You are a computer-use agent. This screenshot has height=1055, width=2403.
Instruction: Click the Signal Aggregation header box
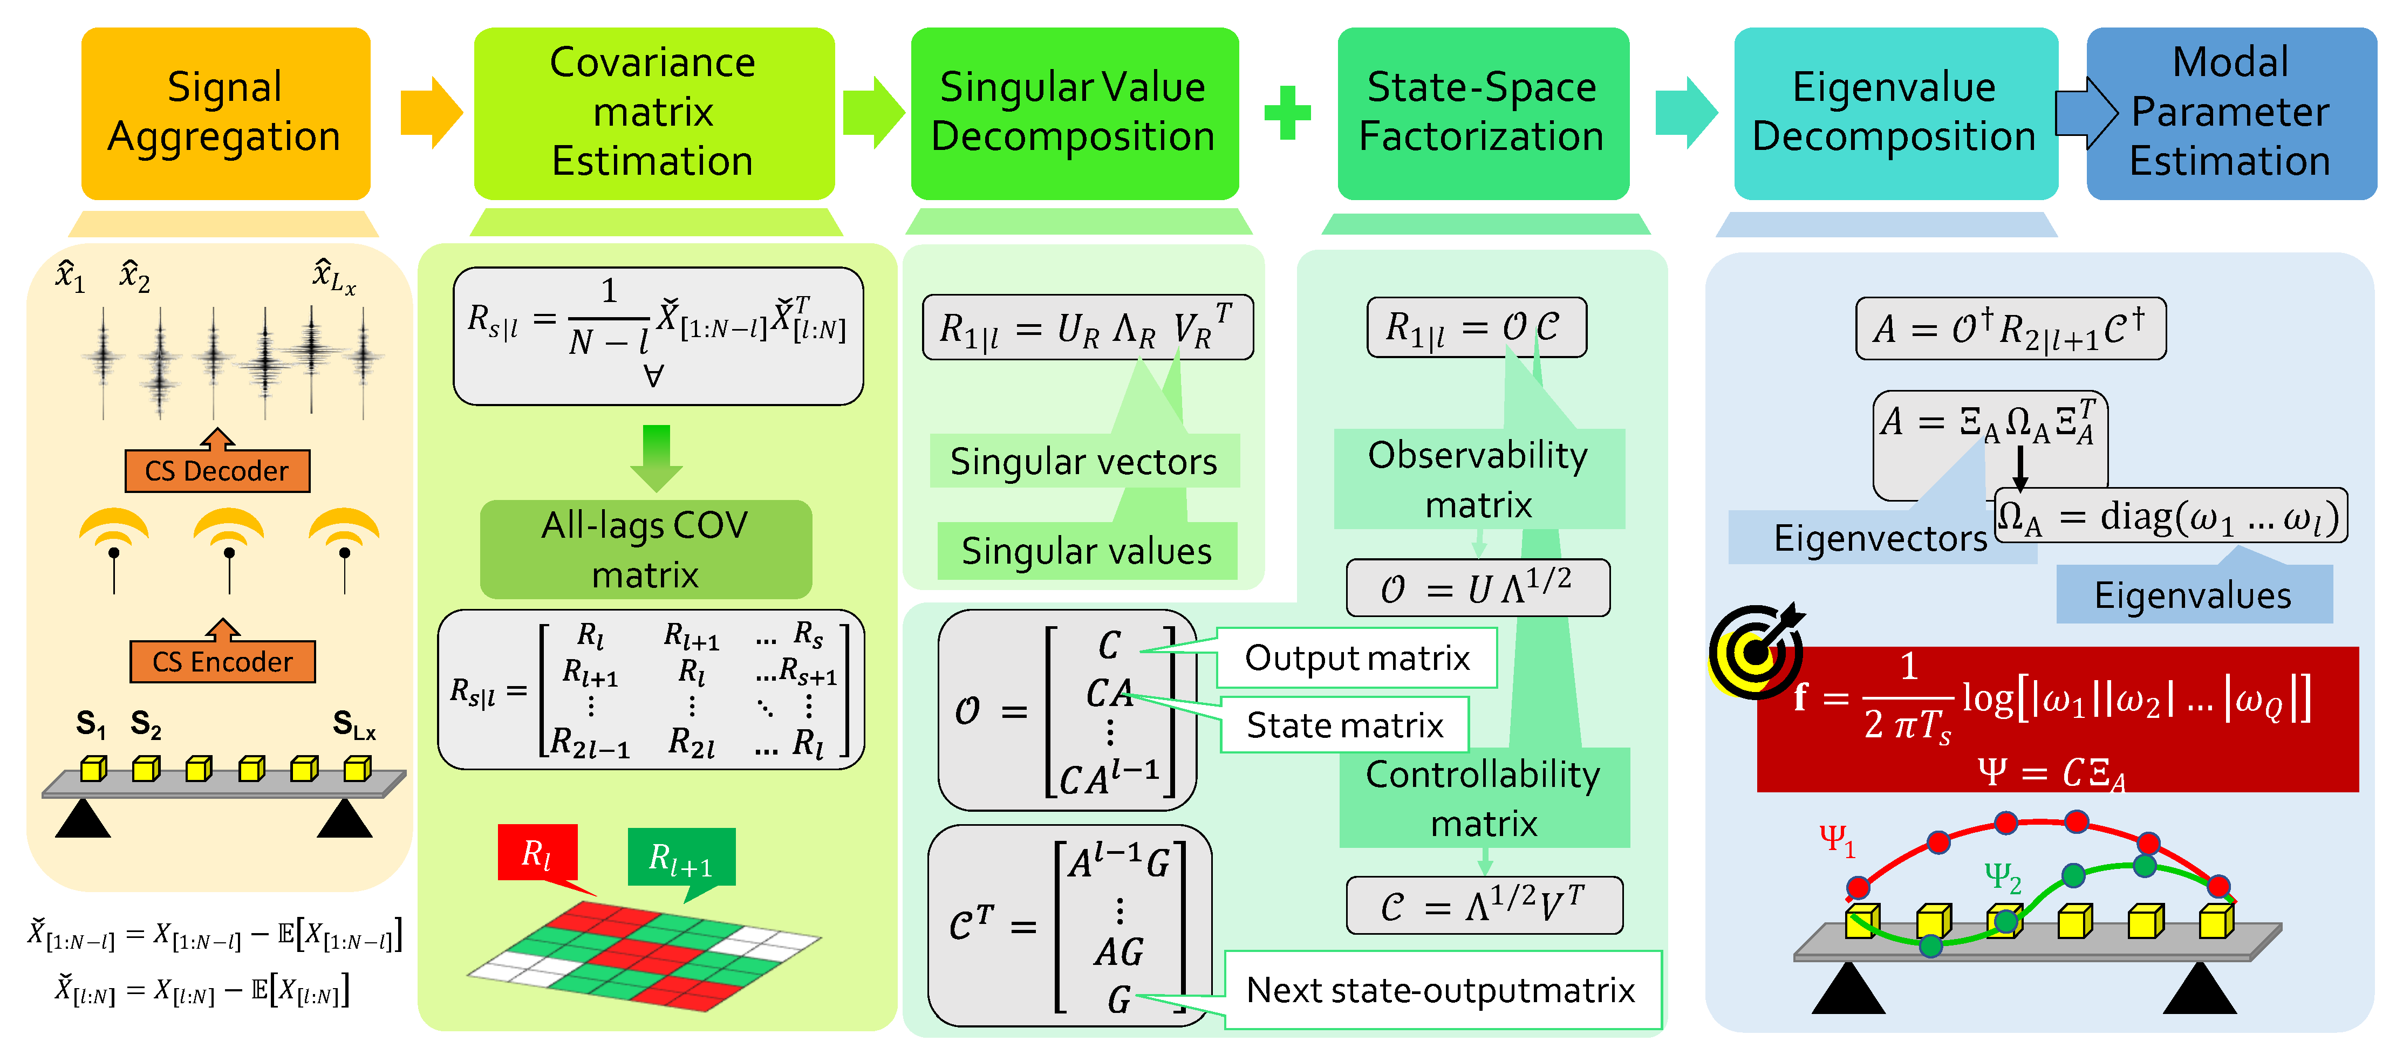point(225,113)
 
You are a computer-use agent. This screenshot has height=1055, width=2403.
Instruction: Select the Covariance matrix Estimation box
point(653,113)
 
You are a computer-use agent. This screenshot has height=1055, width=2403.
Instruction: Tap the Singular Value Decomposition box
point(1074,113)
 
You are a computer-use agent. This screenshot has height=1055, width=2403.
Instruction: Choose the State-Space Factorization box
point(1482,113)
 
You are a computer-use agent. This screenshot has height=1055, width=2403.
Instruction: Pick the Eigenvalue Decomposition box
point(1895,113)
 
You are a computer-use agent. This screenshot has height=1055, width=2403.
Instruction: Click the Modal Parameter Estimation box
point(2230,113)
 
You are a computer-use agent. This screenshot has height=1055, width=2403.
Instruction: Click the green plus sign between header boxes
point(1287,113)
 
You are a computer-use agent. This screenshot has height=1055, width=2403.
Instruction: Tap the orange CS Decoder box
point(217,471)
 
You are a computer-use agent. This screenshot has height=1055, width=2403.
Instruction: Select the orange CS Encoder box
point(222,661)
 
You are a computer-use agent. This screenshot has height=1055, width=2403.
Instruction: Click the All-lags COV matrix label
point(645,550)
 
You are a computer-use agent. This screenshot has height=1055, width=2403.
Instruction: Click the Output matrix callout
point(1357,657)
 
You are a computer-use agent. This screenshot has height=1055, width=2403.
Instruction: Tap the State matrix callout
point(1344,725)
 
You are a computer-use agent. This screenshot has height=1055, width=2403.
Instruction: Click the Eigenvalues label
point(2193,595)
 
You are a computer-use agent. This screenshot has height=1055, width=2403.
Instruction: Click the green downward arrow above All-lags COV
point(657,457)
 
